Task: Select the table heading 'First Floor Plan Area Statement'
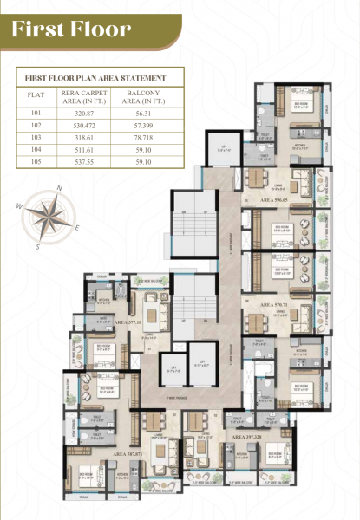(x=98, y=79)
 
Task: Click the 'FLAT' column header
(x=36, y=96)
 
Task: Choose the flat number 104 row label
(x=36, y=148)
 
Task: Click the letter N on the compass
(x=59, y=188)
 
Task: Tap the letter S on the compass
(x=38, y=246)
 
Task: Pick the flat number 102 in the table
(x=36, y=124)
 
